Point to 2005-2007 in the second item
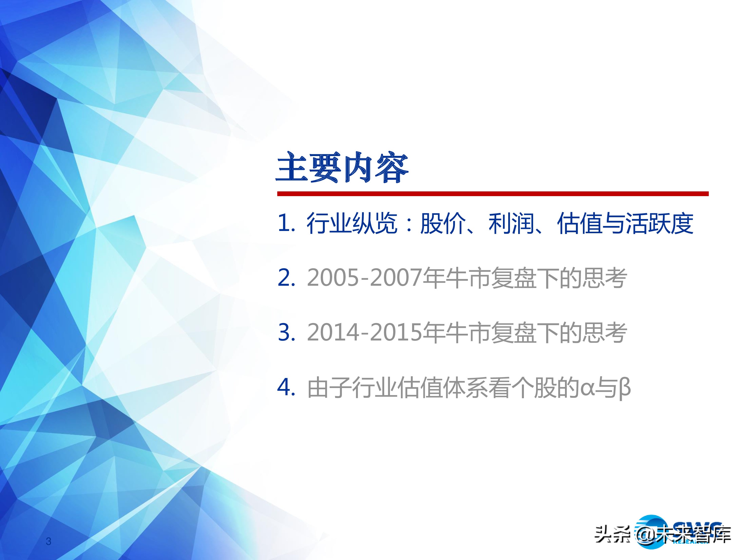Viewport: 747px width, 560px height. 364,278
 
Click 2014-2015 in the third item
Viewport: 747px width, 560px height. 364,333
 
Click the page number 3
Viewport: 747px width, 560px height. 49,541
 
